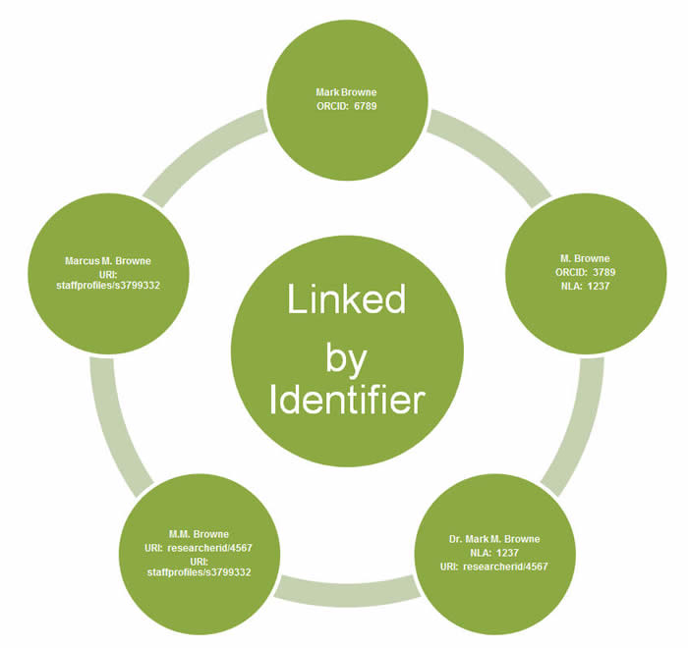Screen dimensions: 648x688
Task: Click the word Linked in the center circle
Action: [346, 298]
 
